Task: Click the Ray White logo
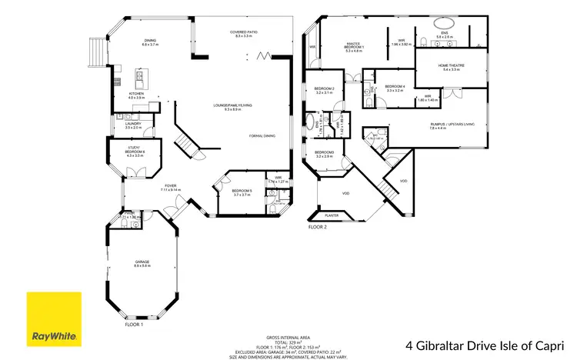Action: click(54, 318)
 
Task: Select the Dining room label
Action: click(150, 42)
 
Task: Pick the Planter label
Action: click(332, 215)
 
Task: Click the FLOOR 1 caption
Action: click(134, 325)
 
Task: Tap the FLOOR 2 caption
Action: click(318, 228)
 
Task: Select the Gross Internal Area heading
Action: click(288, 337)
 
